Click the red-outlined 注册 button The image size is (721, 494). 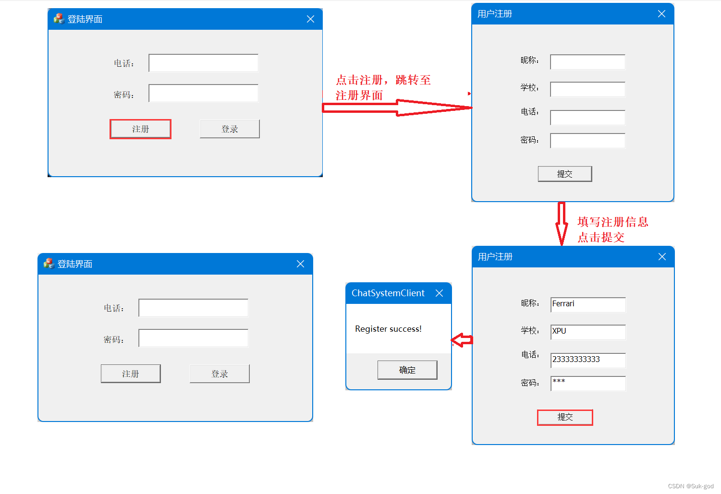tap(140, 129)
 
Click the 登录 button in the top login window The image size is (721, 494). tap(230, 129)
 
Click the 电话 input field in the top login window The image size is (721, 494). tap(203, 63)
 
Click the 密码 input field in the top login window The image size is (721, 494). tap(203, 93)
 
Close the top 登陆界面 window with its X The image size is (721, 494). tap(310, 19)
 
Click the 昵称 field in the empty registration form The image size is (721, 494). tap(588, 62)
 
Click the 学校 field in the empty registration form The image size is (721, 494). tap(588, 89)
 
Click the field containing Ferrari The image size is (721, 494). tap(588, 304)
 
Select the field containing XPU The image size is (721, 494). tap(588, 332)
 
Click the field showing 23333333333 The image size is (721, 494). tap(588, 360)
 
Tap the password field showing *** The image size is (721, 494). tap(588, 384)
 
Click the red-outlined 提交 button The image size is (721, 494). tap(565, 417)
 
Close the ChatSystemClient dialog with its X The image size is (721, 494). tap(439, 293)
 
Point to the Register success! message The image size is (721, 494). tap(388, 329)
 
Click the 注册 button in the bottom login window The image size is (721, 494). tap(131, 374)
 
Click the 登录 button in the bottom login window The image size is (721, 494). tap(220, 374)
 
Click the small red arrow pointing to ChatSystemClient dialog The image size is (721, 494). tap(462, 340)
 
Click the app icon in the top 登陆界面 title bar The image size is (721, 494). tap(59, 19)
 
